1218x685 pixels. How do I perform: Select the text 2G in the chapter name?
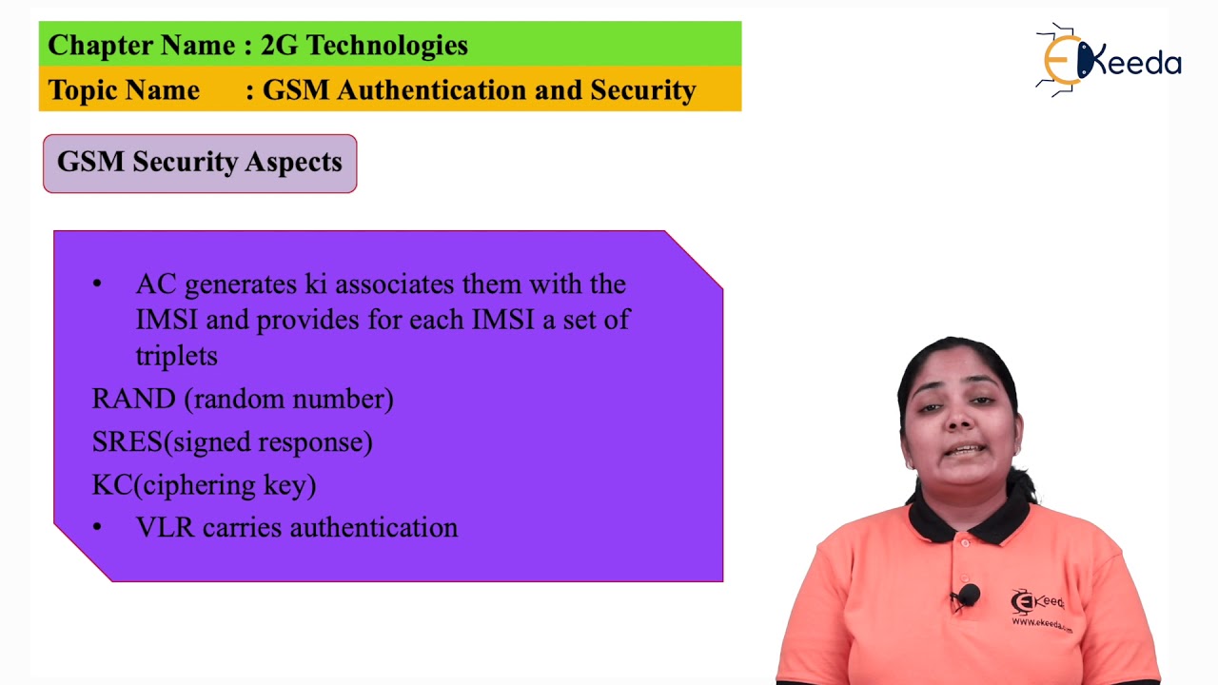(279, 46)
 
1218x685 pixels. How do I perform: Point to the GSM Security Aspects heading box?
(200, 164)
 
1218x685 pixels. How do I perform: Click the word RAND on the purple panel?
(133, 399)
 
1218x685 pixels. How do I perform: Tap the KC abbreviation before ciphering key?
(112, 485)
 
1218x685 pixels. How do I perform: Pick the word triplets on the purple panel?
(176, 356)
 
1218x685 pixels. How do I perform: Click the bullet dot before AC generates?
(97, 284)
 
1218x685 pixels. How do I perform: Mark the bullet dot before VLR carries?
(97, 527)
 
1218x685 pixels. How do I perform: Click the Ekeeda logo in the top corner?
(1108, 61)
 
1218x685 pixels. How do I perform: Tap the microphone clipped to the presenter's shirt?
(969, 597)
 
